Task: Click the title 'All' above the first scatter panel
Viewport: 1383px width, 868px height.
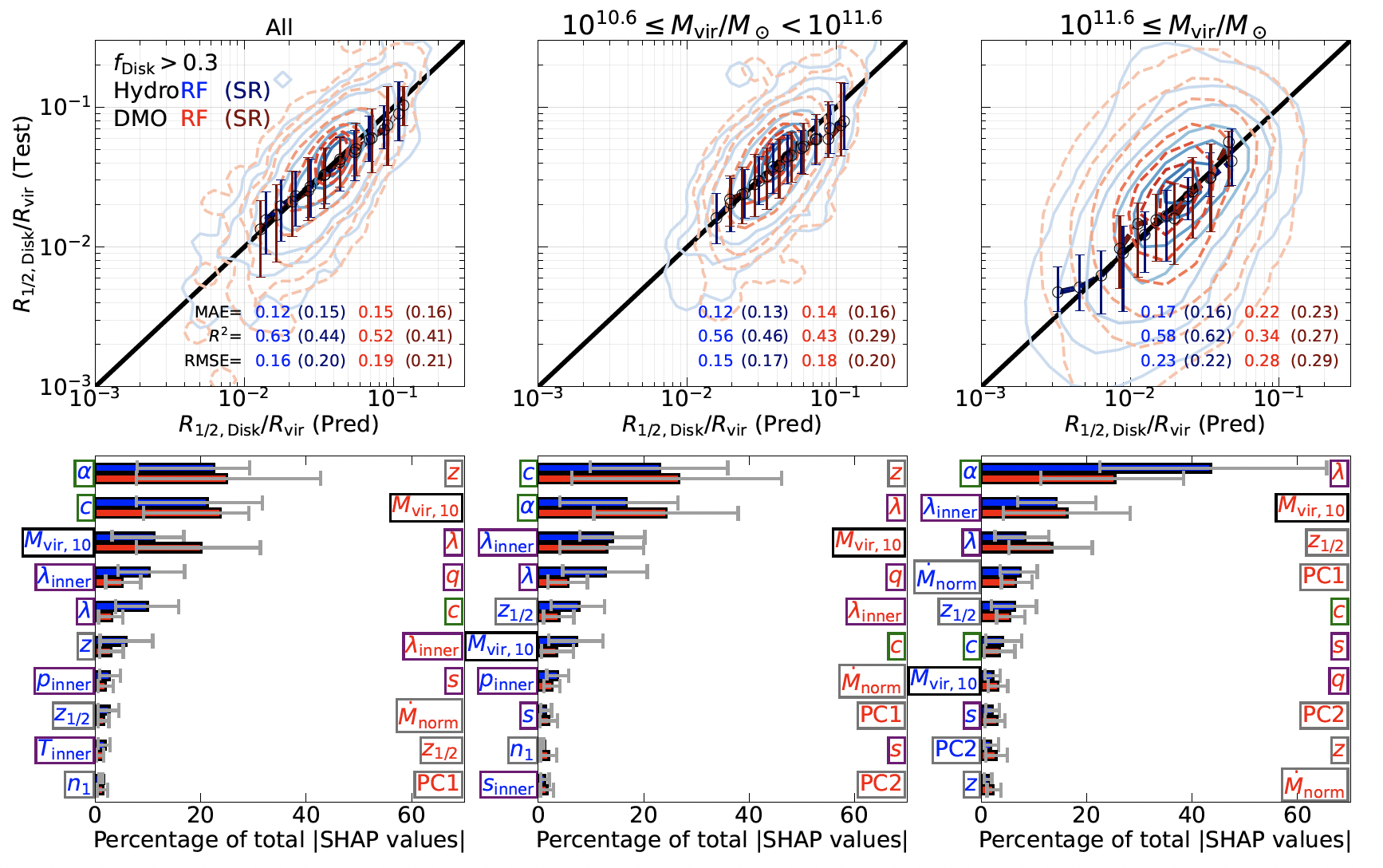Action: click(x=279, y=27)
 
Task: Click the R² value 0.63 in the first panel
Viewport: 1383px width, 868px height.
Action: click(x=273, y=336)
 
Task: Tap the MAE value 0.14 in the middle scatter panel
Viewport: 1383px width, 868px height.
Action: click(x=819, y=312)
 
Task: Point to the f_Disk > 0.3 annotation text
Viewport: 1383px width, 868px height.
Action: click(x=165, y=64)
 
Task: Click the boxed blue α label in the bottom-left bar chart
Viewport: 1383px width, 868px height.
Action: click(x=84, y=472)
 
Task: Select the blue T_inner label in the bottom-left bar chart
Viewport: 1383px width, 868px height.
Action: click(x=65, y=751)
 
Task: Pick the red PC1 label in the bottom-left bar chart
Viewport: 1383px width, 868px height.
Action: click(x=438, y=783)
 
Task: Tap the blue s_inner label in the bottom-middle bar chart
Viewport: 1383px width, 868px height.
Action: click(x=508, y=785)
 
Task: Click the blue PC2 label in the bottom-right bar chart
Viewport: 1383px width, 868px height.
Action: click(x=955, y=749)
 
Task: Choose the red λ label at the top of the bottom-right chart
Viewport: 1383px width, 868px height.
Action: click(x=1338, y=473)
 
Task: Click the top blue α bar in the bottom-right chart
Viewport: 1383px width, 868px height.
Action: click(x=1096, y=468)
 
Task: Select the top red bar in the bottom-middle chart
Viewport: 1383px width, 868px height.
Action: click(x=609, y=479)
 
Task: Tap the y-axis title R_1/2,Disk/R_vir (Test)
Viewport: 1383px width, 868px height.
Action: click(x=24, y=214)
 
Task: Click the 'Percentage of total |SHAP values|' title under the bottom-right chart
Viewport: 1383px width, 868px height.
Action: click(x=1164, y=840)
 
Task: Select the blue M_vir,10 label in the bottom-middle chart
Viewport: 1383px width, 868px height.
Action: click(x=501, y=645)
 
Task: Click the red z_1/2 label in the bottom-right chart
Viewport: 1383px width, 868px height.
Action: click(x=1326, y=542)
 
